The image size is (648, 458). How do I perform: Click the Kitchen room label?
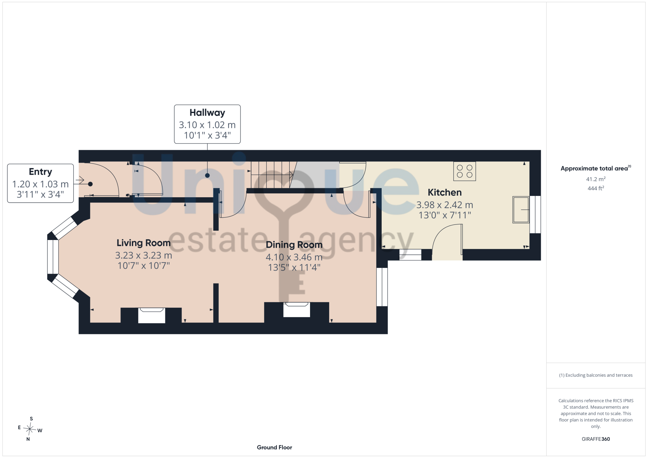(445, 192)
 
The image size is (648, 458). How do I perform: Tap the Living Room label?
(144, 243)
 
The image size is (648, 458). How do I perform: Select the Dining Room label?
(294, 245)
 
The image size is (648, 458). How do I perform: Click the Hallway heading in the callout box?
(207, 113)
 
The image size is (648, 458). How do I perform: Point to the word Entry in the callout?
(40, 172)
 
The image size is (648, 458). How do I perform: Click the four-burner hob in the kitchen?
(465, 171)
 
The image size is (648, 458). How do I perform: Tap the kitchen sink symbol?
(521, 210)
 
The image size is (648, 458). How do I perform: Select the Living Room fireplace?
(152, 315)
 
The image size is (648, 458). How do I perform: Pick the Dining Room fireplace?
(297, 310)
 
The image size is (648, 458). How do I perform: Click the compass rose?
(29, 429)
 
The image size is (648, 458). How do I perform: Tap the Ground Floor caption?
(274, 447)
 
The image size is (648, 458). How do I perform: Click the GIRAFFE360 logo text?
(596, 439)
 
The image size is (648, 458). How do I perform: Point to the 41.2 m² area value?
(596, 179)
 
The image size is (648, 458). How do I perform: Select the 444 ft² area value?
(596, 188)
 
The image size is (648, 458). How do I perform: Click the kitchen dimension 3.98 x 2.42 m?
(445, 205)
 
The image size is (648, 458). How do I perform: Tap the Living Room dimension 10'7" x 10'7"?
(144, 266)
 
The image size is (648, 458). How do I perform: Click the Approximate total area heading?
(596, 168)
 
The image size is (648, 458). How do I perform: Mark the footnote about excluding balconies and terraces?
(596, 375)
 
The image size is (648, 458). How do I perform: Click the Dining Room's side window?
(382, 287)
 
